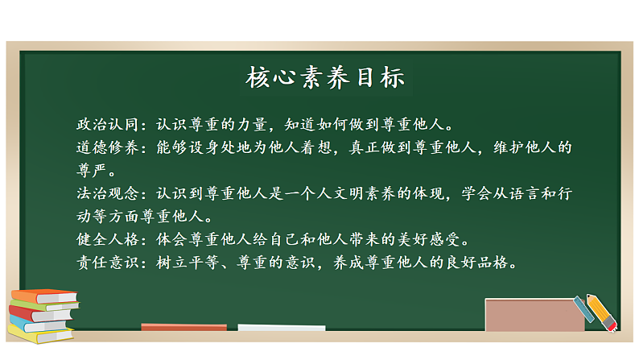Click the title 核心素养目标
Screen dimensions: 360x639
(x=325, y=79)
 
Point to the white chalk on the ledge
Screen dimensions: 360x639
(x=281, y=328)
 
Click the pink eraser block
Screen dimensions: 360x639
(x=534, y=315)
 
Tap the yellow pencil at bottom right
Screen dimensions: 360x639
(x=602, y=313)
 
